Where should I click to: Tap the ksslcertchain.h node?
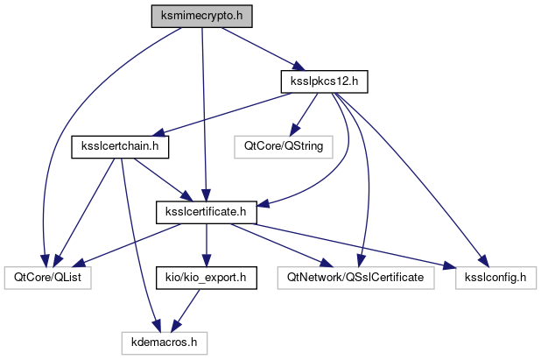point(120,146)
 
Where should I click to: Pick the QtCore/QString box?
point(284,146)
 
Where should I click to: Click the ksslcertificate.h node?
point(205,211)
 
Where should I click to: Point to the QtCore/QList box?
point(47,278)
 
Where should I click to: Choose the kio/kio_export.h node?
point(205,278)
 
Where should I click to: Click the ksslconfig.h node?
point(495,278)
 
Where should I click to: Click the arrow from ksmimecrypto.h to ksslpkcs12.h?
point(259,49)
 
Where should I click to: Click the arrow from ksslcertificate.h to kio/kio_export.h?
point(205,244)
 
